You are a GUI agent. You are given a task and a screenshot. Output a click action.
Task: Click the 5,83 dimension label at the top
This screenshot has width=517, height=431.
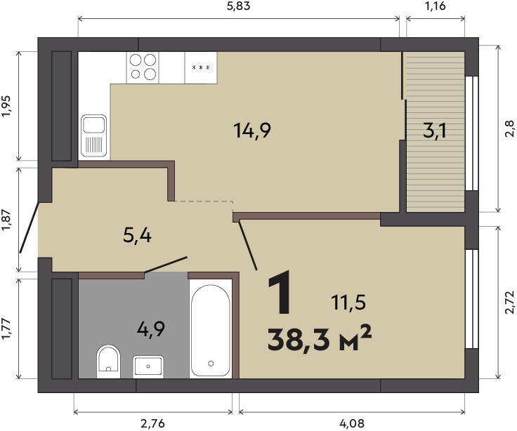pos(238,6)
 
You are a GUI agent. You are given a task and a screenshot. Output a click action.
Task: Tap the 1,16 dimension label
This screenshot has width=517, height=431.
pos(436,6)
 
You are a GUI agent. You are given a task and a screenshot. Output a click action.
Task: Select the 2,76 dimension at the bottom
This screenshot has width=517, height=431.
pos(152,423)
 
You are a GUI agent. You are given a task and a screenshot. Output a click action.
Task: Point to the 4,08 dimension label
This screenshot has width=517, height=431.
pos(353,423)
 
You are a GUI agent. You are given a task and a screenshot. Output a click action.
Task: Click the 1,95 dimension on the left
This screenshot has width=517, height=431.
pos(6,106)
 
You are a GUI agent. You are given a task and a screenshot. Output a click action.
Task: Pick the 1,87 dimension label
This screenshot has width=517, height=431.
pos(6,220)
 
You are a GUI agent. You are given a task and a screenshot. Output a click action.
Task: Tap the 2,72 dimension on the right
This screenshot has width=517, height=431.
pos(510,302)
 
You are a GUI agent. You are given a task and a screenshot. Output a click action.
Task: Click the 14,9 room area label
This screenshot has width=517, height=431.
pos(252,130)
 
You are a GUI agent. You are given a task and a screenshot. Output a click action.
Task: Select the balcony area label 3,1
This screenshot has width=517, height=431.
pos(435,131)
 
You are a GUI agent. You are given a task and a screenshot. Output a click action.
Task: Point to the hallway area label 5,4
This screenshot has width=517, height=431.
pos(137,235)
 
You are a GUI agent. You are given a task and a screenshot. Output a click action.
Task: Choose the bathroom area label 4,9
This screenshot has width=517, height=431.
pos(151,329)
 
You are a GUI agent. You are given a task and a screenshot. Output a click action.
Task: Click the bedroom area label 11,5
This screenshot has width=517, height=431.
pos(349,303)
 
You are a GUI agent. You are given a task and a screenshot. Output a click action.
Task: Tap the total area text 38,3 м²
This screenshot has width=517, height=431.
pos(320,340)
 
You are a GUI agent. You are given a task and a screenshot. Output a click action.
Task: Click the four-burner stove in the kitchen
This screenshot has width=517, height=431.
pos(143,67)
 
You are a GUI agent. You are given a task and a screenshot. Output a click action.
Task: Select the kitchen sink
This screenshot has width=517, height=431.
pos(94,135)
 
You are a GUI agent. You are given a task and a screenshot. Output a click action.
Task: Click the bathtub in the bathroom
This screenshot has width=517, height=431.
pos(211,329)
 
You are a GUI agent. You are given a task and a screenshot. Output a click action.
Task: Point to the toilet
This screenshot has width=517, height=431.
pos(108,362)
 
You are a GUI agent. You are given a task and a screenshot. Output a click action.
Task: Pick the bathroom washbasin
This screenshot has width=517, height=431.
pos(148,366)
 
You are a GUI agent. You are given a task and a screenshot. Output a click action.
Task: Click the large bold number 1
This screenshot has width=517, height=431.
pos(280,291)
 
